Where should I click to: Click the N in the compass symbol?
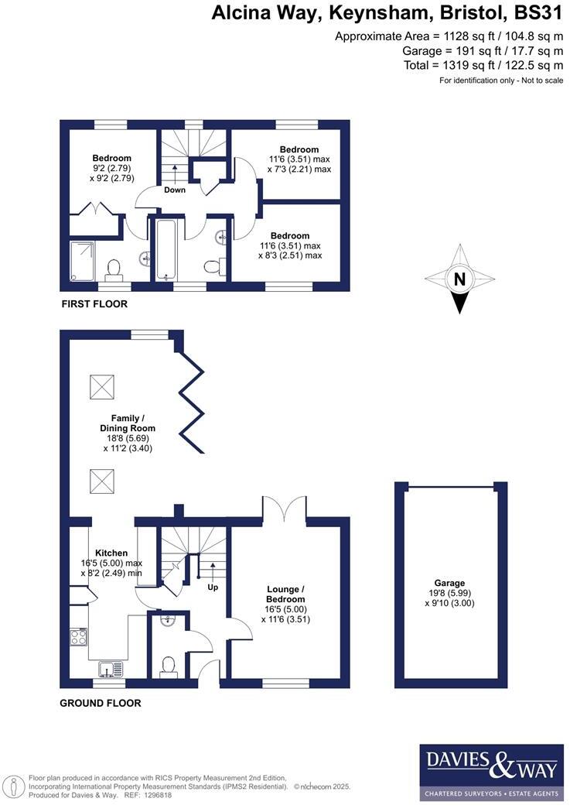tap(459, 280)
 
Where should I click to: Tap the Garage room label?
tap(449, 583)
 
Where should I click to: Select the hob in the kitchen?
tap(79, 637)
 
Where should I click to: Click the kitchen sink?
tap(106, 668)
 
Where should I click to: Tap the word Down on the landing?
tap(174, 190)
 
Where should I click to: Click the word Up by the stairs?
tap(213, 588)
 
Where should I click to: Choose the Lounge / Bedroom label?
tap(285, 594)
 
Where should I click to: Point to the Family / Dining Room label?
tap(128, 423)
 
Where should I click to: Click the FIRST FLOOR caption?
tap(94, 304)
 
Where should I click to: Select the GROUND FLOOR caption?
tap(101, 704)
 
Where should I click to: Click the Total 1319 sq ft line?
tap(483, 65)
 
